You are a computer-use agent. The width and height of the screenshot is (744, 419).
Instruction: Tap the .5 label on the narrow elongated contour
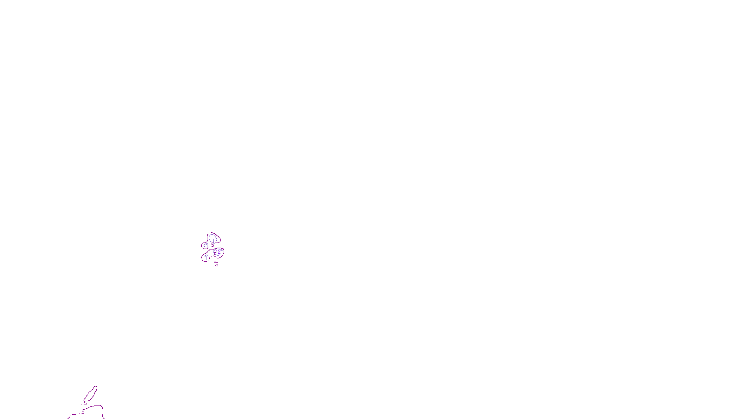tap(85, 403)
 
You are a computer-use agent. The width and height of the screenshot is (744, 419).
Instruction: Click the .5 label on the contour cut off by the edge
tap(82, 412)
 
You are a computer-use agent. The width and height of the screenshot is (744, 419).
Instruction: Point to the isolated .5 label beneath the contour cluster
tap(216, 264)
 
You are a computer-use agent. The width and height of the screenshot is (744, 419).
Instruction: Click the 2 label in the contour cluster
tap(219, 252)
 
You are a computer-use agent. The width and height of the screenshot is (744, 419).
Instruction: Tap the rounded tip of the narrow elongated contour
tap(95, 387)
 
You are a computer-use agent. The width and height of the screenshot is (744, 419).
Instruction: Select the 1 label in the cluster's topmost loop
tap(213, 241)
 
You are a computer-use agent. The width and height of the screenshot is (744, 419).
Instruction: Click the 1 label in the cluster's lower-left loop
tap(206, 258)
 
